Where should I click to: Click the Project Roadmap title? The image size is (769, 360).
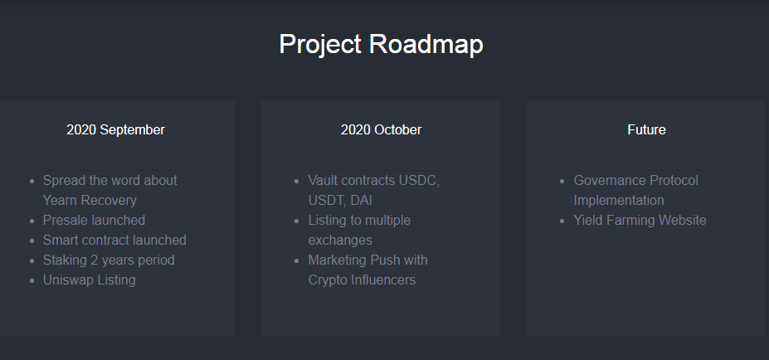coord(381,45)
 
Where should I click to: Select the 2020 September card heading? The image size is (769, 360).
coord(116,130)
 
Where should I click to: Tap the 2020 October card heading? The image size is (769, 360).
coord(381,130)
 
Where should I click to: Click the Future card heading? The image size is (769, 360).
coord(646,130)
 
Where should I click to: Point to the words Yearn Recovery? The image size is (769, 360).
coord(90,201)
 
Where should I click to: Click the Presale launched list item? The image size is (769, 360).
coord(95,220)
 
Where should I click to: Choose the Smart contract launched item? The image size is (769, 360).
coord(114,240)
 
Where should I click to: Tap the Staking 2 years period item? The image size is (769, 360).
coord(109,260)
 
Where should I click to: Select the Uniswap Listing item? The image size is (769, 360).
coord(90,280)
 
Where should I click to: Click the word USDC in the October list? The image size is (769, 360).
coord(419,181)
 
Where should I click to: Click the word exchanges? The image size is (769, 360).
coord(340,241)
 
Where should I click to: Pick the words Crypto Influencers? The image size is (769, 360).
coord(362,280)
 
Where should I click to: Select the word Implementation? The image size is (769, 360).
coord(619,201)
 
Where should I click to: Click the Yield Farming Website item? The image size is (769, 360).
coord(640,220)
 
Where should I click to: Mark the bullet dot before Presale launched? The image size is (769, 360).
coord(32,221)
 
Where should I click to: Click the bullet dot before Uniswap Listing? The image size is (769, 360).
coord(32,280)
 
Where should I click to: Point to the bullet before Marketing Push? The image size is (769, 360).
coord(297,261)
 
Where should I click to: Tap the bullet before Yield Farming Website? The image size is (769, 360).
coord(562,221)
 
